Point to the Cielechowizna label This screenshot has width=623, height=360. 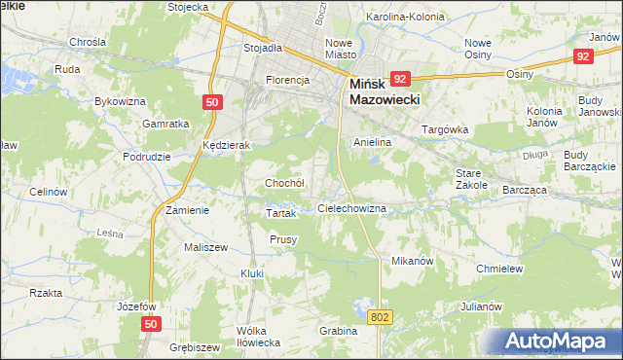[352, 209]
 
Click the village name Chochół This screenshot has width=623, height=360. [285, 183]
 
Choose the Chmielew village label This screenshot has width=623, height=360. [500, 269]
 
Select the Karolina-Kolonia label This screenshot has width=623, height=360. [404, 18]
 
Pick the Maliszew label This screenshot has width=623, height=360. [205, 247]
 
